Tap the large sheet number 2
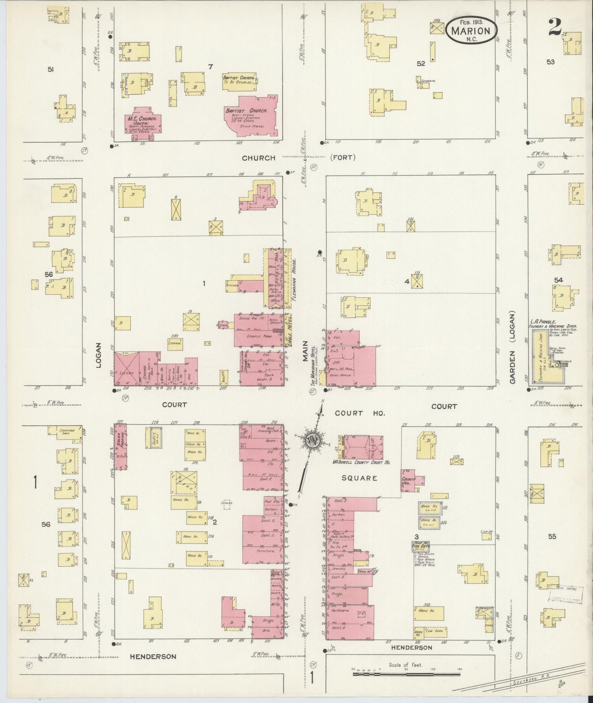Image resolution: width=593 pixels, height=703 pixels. (x=554, y=27)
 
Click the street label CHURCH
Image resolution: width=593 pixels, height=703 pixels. (x=259, y=158)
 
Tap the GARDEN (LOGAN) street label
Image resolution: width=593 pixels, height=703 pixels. (x=513, y=352)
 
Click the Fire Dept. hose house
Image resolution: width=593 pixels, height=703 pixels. (x=420, y=546)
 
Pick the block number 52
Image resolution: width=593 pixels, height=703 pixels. (x=420, y=64)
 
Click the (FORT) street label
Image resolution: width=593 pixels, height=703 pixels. (x=342, y=157)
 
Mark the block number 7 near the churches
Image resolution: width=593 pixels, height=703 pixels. (x=210, y=66)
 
